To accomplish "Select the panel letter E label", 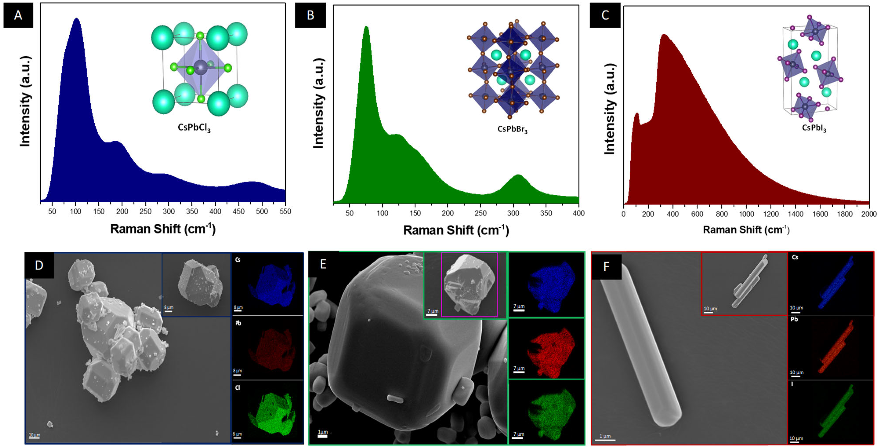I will click(323, 264).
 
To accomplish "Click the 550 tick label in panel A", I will click(285, 211).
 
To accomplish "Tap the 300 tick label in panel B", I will click(513, 213).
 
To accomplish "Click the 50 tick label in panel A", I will click(52, 211).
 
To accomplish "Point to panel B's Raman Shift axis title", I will click(456, 230).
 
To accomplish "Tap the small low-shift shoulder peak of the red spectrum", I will click(636, 114).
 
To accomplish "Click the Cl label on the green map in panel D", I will click(238, 388).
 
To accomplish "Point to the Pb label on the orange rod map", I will click(794, 320).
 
